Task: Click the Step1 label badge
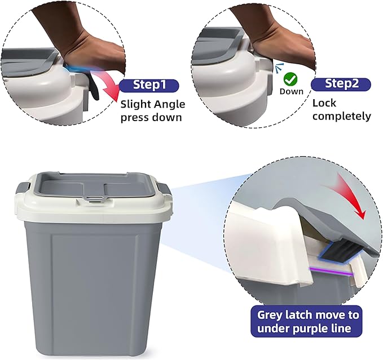(149, 86)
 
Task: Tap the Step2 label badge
(341, 85)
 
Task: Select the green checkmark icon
(290, 79)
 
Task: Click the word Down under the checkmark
(292, 91)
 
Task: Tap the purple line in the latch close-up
(331, 272)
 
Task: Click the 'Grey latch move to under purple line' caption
(306, 322)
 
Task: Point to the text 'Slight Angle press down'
(153, 111)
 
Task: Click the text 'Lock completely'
(342, 110)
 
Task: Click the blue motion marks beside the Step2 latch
(279, 68)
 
